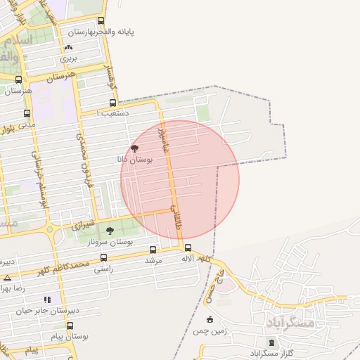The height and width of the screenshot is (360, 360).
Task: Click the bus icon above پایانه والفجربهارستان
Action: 101,21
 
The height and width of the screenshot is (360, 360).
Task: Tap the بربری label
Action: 67,59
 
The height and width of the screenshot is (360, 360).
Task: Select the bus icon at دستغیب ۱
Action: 112,103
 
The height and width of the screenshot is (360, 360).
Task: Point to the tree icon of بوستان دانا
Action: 134,148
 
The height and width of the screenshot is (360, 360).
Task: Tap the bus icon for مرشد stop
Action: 153,250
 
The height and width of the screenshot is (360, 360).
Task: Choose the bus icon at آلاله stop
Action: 188,247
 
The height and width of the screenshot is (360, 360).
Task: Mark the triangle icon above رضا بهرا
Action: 7,278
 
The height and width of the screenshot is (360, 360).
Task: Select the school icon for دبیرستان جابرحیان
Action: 47,299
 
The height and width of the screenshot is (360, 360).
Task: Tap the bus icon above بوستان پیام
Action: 70,326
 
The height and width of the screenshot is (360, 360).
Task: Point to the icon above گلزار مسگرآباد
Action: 272,342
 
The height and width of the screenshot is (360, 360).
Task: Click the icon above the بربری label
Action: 68,48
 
